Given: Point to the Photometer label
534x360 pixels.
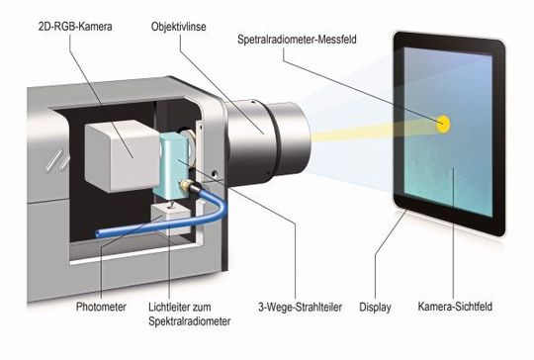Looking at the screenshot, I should coord(100,307).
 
